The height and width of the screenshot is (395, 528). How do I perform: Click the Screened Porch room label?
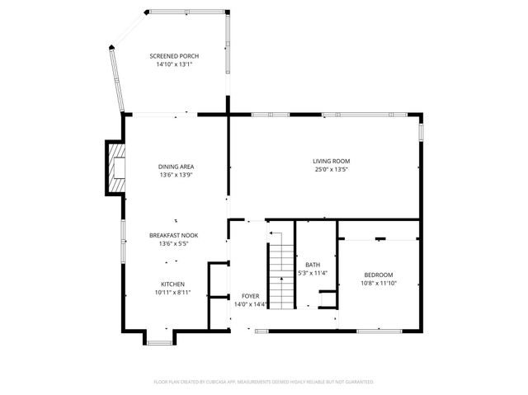[174, 56]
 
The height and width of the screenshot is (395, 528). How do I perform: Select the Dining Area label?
[176, 167]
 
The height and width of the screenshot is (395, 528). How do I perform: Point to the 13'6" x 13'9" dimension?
[176, 175]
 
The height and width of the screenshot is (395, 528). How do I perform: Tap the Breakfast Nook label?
[173, 235]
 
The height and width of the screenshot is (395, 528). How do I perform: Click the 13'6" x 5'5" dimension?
[173, 243]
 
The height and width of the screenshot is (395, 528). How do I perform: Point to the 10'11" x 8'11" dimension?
[173, 292]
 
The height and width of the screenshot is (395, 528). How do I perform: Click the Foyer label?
[250, 295]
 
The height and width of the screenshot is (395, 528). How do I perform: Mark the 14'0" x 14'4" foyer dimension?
[250, 303]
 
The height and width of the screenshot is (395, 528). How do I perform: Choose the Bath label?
[313, 265]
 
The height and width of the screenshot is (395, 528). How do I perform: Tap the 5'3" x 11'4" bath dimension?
[313, 273]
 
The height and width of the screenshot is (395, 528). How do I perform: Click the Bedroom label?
[379, 275]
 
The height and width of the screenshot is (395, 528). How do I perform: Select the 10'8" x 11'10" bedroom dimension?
[379, 283]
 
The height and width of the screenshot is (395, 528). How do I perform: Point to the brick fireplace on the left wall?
[114, 167]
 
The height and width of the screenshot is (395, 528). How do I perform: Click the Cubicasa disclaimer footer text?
[264, 382]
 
